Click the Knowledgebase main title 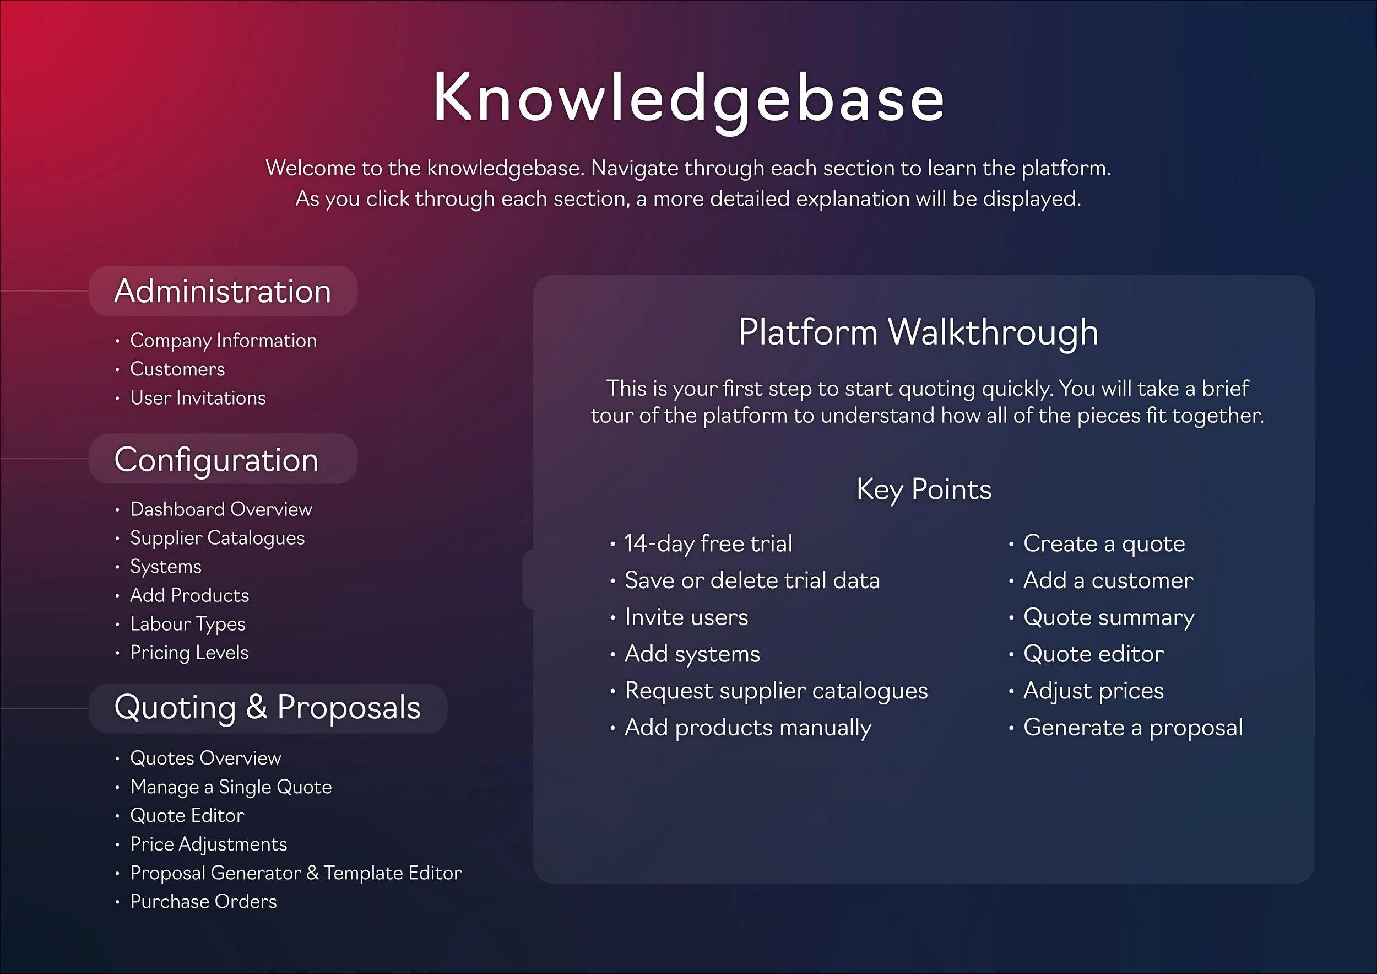tap(688, 98)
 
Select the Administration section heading tap(223, 291)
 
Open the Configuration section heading tap(216, 460)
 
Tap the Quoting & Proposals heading tap(268, 707)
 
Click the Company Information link tap(223, 340)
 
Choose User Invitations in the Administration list tap(198, 398)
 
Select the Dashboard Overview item tap(221, 509)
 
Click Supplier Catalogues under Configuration tap(217, 537)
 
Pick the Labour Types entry tap(188, 623)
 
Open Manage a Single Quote tap(231, 787)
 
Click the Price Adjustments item tap(209, 844)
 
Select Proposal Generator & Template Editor tap(296, 873)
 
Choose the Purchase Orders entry tap(203, 901)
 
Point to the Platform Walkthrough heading tap(918, 331)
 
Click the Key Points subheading tap(924, 489)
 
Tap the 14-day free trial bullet tap(708, 543)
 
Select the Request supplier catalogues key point tap(776, 690)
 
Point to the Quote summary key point tap(1108, 617)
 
